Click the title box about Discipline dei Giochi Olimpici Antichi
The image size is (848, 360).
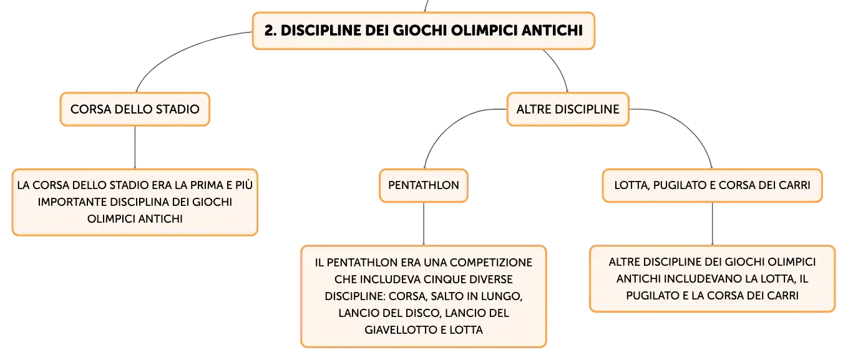424,31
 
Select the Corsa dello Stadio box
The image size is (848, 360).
135,109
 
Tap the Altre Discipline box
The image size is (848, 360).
568,109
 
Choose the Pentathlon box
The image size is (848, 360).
424,185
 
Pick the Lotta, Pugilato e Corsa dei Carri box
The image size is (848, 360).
712,185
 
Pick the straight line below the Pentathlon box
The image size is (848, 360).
424,224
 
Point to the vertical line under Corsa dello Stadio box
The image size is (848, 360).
135,147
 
